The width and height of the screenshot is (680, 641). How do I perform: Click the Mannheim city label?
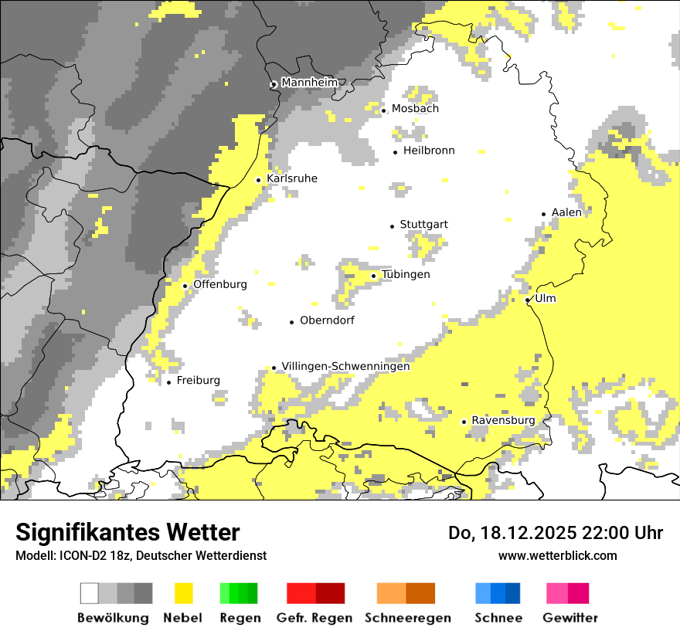click(x=309, y=83)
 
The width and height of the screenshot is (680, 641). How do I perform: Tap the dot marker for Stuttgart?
click(x=392, y=226)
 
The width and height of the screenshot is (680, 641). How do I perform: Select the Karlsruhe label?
click(x=291, y=178)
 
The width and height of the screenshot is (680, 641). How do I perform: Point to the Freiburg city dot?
click(x=168, y=382)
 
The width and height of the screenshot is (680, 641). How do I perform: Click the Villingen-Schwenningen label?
click(x=345, y=366)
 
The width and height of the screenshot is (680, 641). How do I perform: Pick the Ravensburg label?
click(x=502, y=420)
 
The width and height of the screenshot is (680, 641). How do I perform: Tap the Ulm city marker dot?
click(x=527, y=300)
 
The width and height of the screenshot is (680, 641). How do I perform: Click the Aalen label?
click(x=566, y=212)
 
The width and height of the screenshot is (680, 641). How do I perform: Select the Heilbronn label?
click(x=429, y=151)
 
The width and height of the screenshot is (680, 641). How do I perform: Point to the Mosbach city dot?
click(x=383, y=110)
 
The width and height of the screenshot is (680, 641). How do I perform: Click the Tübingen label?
click(x=406, y=274)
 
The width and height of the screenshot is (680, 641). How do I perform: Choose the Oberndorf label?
click(x=327, y=320)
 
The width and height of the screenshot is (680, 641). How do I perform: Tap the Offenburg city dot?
click(x=185, y=286)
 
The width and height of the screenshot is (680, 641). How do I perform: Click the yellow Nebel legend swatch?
click(x=183, y=593)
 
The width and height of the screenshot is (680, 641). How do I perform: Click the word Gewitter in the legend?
click(x=569, y=618)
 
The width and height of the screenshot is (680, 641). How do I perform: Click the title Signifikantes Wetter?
click(x=127, y=532)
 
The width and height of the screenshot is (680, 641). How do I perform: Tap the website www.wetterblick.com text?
click(x=557, y=555)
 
